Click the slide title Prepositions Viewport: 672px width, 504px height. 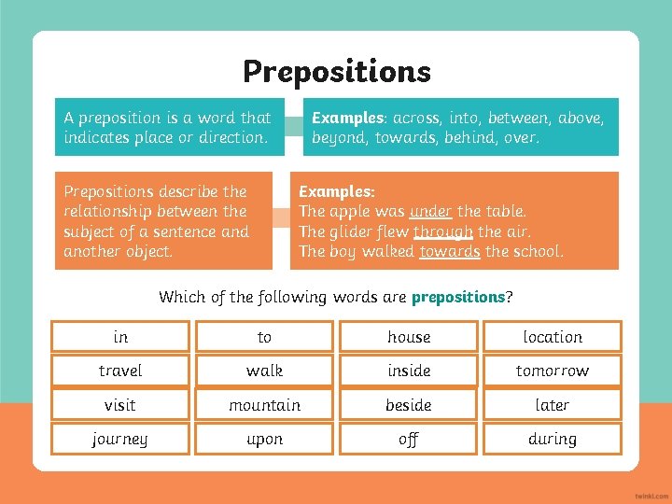pyautogui.click(x=337, y=72)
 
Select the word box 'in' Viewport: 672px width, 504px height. pyautogui.click(x=120, y=337)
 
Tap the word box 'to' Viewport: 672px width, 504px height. pyautogui.click(x=264, y=337)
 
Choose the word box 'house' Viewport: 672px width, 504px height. pyautogui.click(x=409, y=337)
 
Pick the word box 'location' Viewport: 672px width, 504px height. pyautogui.click(x=553, y=337)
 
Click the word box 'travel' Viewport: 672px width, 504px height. pyautogui.click(x=120, y=371)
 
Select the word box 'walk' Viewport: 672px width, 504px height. pyautogui.click(x=264, y=371)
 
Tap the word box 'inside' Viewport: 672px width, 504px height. pyautogui.click(x=409, y=371)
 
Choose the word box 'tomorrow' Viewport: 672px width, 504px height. pyautogui.click(x=553, y=371)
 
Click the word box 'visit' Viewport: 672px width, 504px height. pyautogui.click(x=120, y=405)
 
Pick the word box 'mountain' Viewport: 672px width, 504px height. pyautogui.click(x=264, y=405)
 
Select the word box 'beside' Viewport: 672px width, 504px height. pyautogui.click(x=409, y=405)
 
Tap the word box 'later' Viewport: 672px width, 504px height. pyautogui.click(x=553, y=405)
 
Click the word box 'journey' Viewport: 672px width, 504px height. pyautogui.click(x=120, y=439)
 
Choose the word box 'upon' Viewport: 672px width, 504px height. pyautogui.click(x=264, y=439)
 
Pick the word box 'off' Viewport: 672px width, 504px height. pyautogui.click(x=409, y=439)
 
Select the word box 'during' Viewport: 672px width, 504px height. pyautogui.click(x=553, y=439)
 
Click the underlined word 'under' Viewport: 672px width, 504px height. pyautogui.click(x=431, y=211)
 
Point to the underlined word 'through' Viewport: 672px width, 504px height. pyautogui.click(x=443, y=231)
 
